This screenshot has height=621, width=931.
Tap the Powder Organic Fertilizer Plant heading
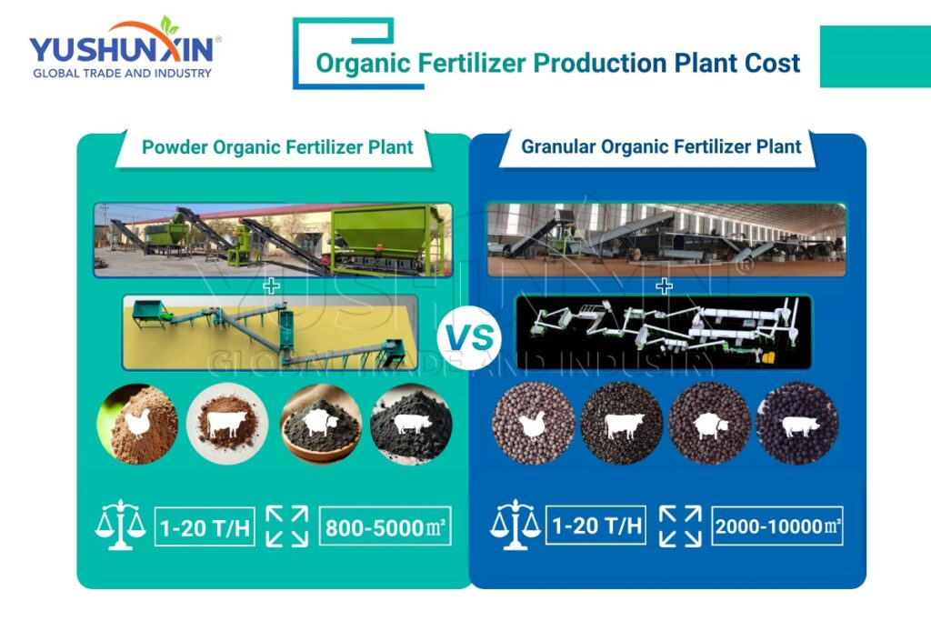(277, 147)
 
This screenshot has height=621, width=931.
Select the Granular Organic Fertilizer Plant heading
(661, 146)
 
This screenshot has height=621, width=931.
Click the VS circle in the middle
(469, 339)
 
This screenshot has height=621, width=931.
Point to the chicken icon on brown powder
(137, 424)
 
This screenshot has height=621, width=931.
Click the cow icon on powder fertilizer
(226, 425)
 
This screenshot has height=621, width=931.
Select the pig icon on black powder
(411, 425)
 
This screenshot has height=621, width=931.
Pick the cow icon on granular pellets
(622, 425)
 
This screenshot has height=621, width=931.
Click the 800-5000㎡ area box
(385, 526)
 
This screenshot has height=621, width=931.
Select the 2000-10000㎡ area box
(777, 526)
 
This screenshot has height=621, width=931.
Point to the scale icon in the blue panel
(514, 525)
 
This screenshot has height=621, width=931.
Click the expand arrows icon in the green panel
(286, 526)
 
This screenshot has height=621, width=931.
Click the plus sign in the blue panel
(665, 286)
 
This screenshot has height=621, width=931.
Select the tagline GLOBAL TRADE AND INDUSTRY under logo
(122, 74)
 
